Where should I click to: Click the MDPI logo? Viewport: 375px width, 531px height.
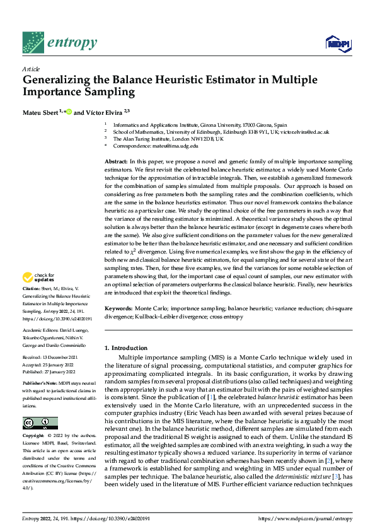338,43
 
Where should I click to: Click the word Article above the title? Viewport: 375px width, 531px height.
31,69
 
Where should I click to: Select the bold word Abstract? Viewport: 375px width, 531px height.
117,163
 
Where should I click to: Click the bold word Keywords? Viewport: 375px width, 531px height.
118,308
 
